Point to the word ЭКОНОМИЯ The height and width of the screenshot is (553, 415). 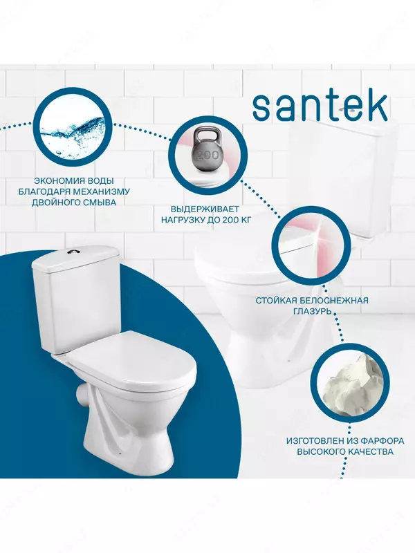pos(55,181)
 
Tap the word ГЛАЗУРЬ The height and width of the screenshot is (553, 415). pos(312,312)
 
